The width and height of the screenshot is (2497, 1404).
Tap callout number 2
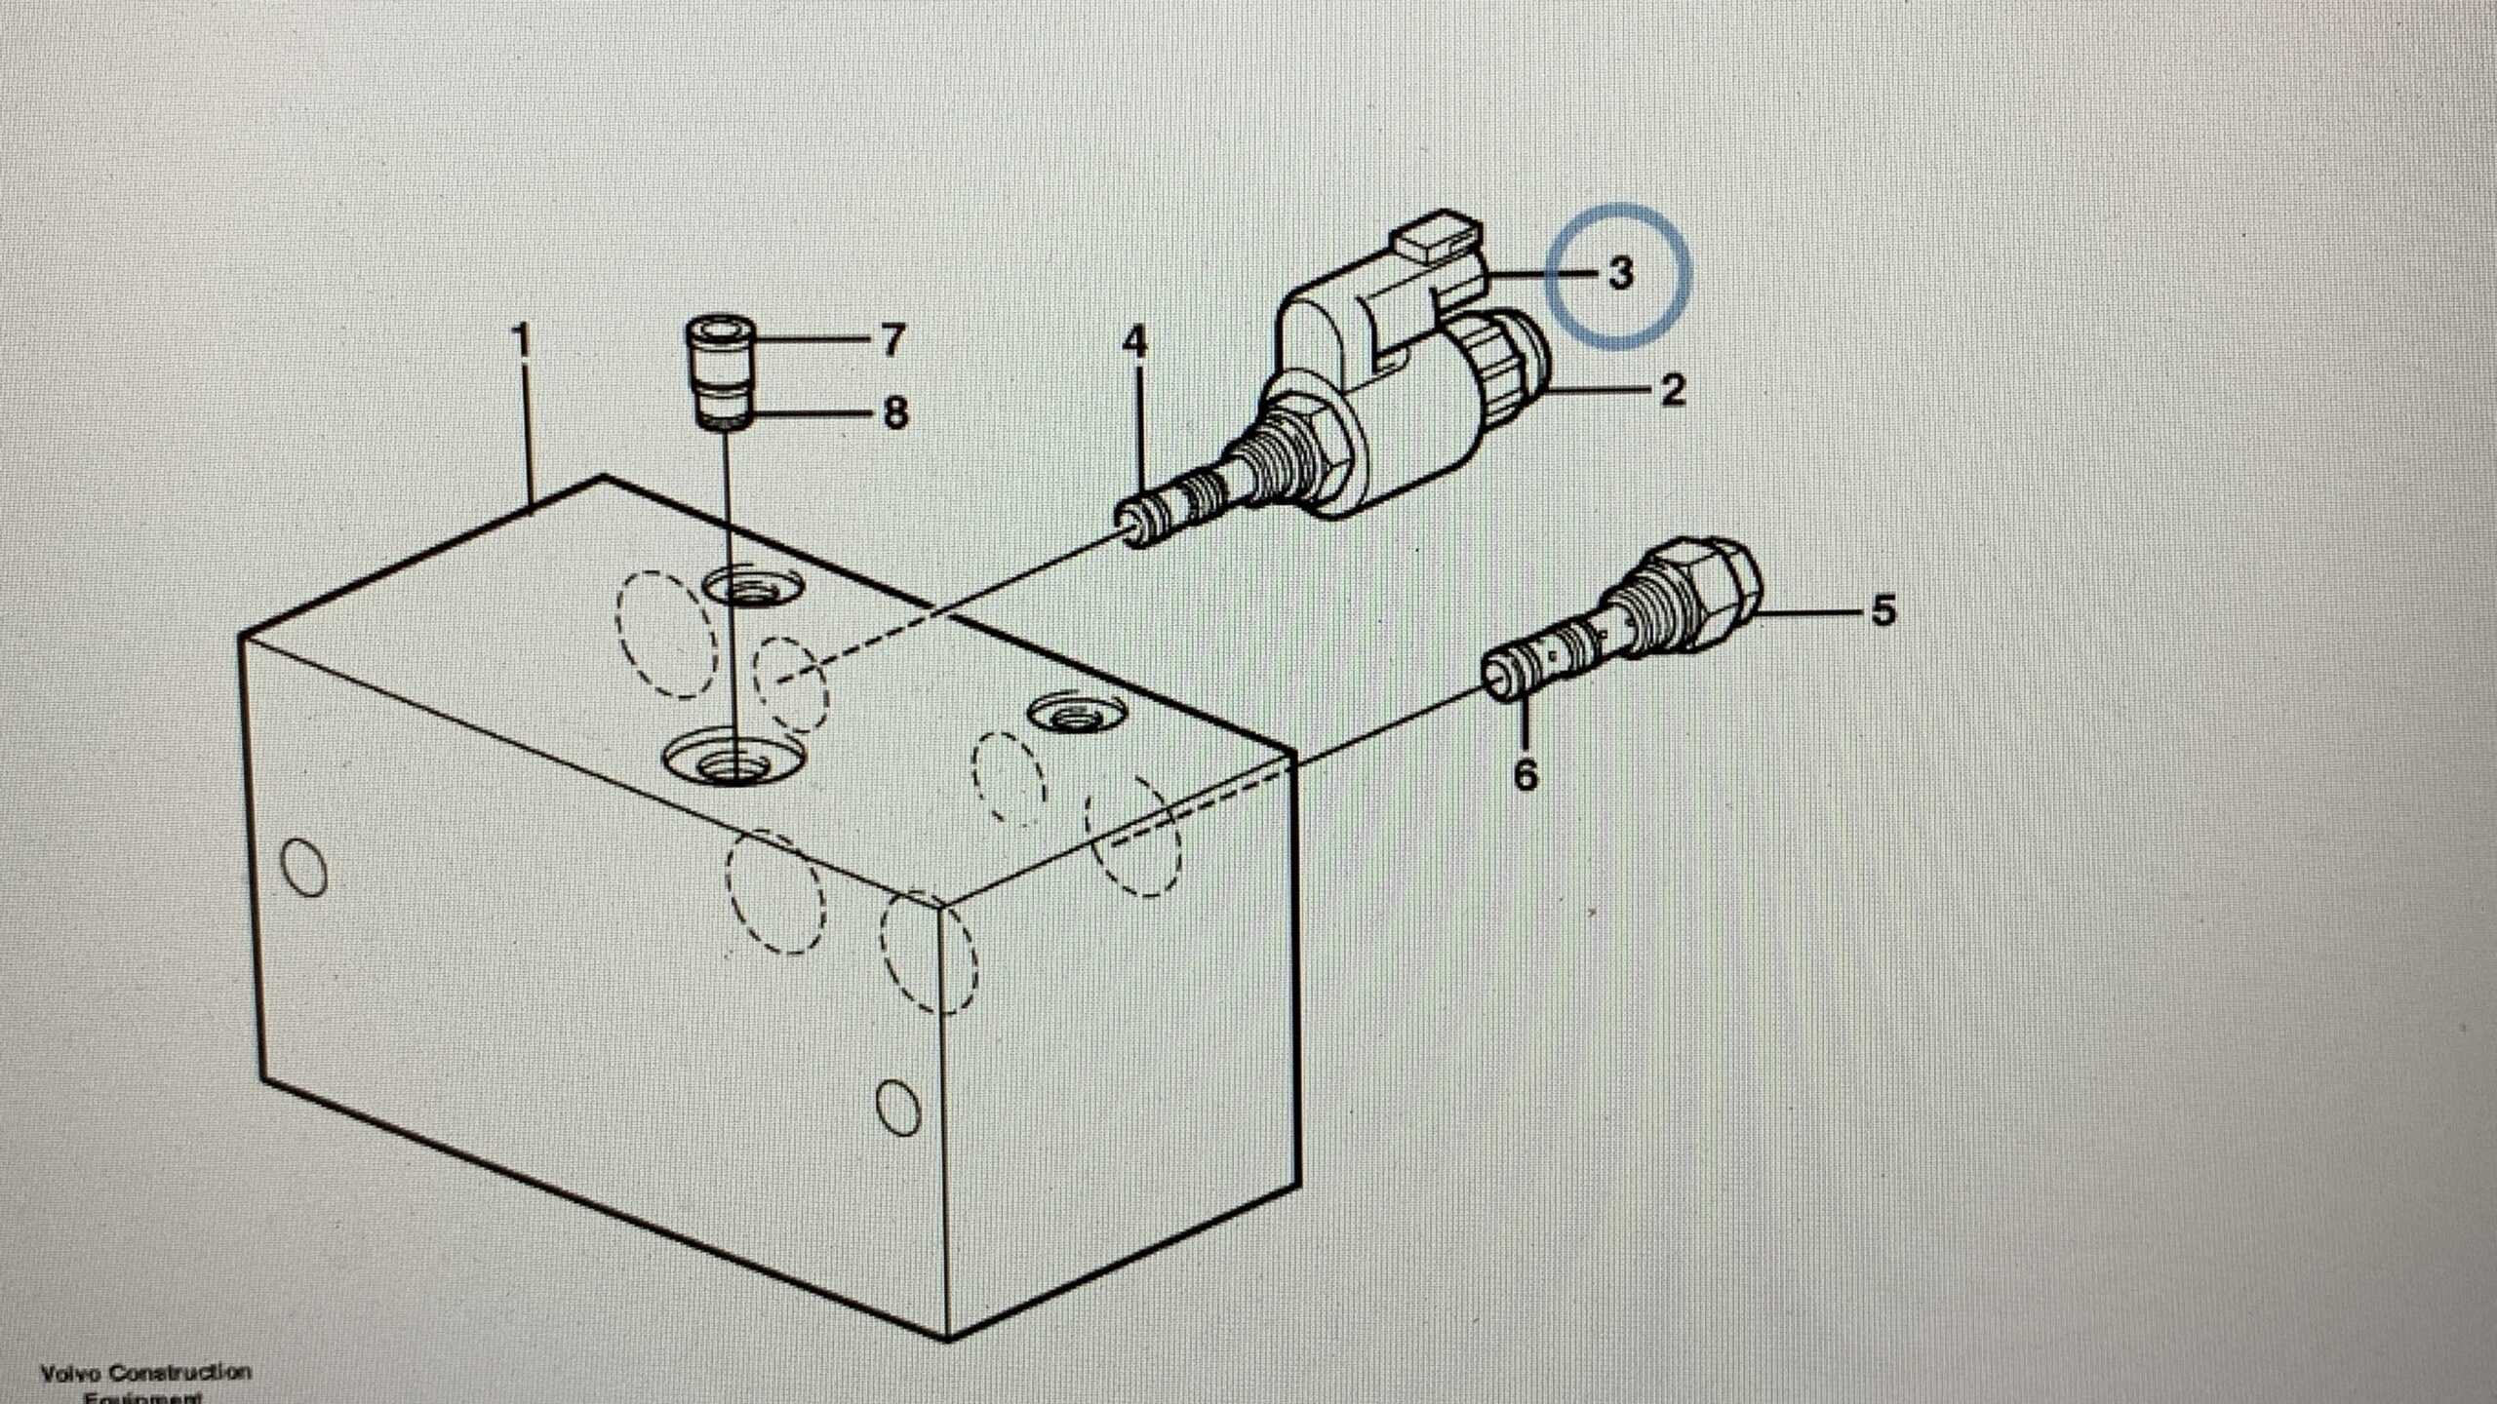tap(1672, 390)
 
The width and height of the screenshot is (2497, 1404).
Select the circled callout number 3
tap(1619, 273)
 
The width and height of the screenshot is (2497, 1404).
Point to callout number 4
tap(1134, 341)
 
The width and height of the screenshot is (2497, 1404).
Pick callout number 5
tap(1883, 611)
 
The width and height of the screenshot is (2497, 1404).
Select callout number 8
tap(895, 412)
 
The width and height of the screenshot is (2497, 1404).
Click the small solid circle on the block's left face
tap(303, 867)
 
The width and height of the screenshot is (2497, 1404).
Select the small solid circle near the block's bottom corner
tap(898, 1108)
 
